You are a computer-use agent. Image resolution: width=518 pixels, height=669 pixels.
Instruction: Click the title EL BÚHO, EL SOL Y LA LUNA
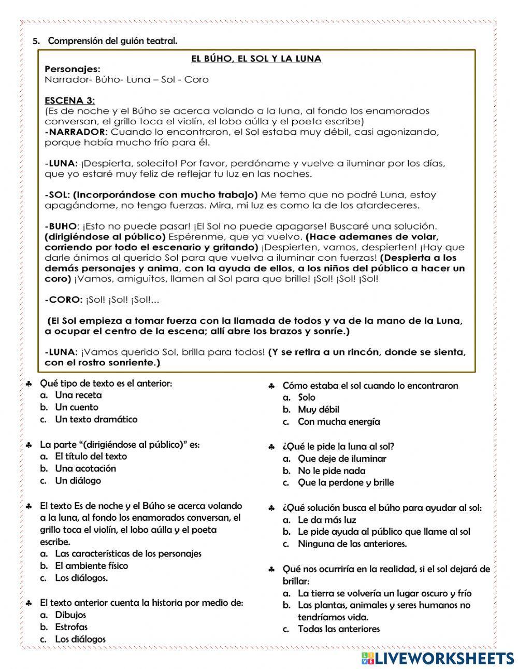pyautogui.click(x=256, y=59)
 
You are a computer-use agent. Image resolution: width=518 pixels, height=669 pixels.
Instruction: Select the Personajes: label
pyautogui.click(x=73, y=69)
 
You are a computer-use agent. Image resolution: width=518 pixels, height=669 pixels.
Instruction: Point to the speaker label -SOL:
pyautogui.click(x=57, y=195)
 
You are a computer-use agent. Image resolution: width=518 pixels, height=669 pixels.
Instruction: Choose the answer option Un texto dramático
pyautogui.click(x=96, y=419)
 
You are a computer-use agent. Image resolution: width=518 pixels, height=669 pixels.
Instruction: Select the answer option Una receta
pyautogui.click(x=78, y=395)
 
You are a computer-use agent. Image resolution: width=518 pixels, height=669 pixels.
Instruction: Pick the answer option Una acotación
pyautogui.click(x=85, y=468)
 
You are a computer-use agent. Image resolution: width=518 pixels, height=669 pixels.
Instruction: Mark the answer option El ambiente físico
pyautogui.click(x=91, y=566)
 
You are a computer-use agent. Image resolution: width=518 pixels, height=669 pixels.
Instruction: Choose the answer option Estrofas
pyautogui.click(x=71, y=627)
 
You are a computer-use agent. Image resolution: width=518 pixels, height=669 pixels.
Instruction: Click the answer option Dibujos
pyautogui.click(x=70, y=615)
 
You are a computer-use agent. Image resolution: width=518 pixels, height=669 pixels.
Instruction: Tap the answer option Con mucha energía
pyautogui.click(x=338, y=422)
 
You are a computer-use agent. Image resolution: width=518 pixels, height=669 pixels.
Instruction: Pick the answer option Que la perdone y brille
pyautogui.click(x=346, y=482)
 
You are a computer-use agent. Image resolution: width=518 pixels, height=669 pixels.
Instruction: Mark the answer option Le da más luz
pyautogui.click(x=327, y=520)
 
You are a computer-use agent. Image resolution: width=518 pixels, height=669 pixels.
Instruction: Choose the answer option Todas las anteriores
pyautogui.click(x=338, y=629)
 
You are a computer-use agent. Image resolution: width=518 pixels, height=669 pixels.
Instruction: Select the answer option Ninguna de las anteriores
pyautogui.click(x=352, y=544)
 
